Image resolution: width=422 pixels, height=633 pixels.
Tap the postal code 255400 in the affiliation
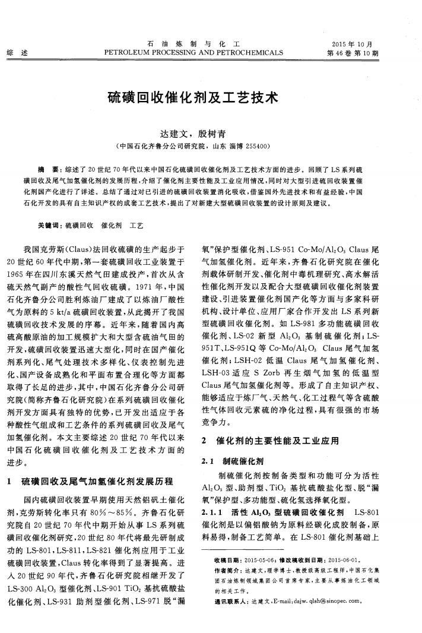tap(257, 145)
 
